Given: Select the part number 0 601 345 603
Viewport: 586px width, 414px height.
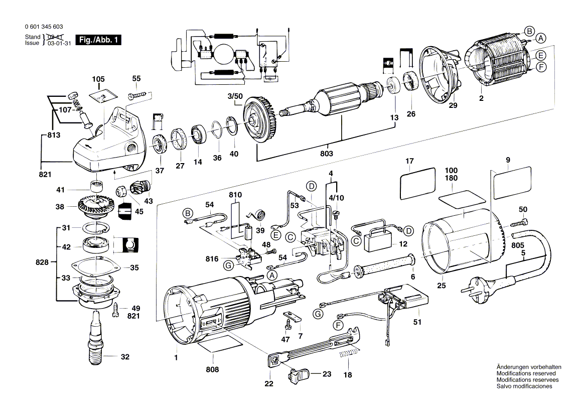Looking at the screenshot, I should [x=43, y=27].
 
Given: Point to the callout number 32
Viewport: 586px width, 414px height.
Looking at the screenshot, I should [x=125, y=357].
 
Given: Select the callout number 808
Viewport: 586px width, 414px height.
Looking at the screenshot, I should [x=213, y=370].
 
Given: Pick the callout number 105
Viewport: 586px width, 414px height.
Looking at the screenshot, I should [x=98, y=79].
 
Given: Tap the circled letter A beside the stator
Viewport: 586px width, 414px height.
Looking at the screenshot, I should [x=540, y=38].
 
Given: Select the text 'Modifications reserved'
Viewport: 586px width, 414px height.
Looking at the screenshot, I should [x=526, y=373].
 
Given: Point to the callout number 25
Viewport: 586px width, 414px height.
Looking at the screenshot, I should [x=441, y=286].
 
